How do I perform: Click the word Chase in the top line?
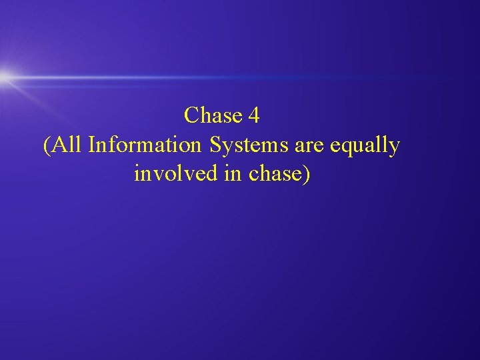coord(213,116)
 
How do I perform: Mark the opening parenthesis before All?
coord(46,145)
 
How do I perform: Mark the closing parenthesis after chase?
coord(307,174)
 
